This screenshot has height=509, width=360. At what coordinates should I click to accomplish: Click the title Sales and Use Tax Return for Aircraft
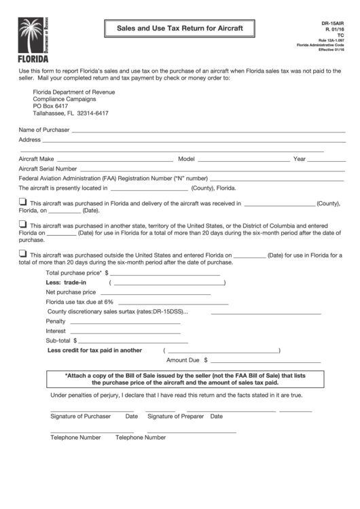pos(180,29)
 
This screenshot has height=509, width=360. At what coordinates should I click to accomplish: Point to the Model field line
pos(241,161)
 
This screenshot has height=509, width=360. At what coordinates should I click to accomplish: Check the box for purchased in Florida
pos(22,202)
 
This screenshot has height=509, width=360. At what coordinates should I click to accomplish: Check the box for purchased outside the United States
pos(22,253)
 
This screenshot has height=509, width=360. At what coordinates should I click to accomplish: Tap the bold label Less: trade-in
pos(66,281)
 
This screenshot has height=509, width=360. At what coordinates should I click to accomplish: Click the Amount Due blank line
pos(255,362)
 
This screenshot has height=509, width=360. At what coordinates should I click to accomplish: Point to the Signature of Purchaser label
pos(80,416)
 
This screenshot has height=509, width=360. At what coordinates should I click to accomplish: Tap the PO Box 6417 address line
pos(51,106)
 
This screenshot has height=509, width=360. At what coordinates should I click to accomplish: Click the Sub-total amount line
pos(130,343)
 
